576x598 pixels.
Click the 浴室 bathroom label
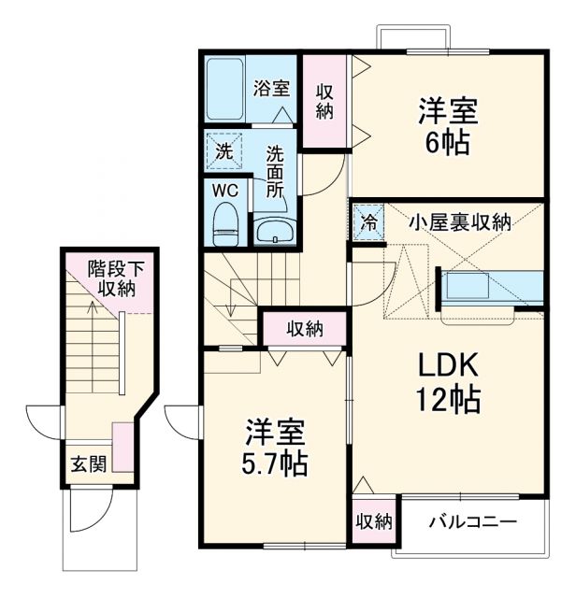[271, 90]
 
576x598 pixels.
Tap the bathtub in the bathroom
[225, 91]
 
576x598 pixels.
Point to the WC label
[225, 189]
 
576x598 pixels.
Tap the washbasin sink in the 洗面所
[273, 231]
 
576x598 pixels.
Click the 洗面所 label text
[275, 170]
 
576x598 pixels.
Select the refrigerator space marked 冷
[367, 223]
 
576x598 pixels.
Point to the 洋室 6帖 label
[447, 127]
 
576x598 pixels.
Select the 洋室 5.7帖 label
[277, 447]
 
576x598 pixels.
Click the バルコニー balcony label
[472, 521]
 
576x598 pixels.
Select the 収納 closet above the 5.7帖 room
[304, 328]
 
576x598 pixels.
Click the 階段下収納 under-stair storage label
[111, 278]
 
